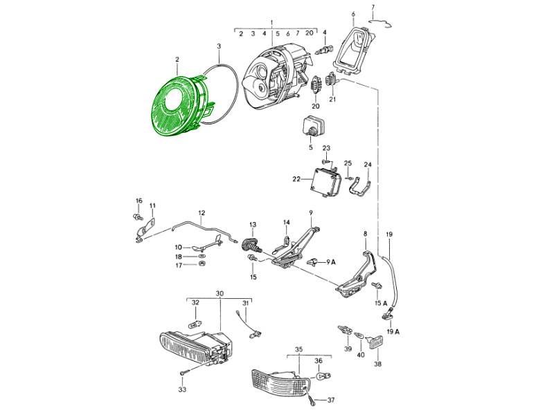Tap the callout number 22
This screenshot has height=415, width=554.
pyautogui.click(x=296, y=180)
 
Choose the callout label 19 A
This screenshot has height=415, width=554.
pyautogui.click(x=393, y=331)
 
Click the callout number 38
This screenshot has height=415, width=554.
pyautogui.click(x=378, y=364)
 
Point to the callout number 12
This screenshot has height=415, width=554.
pyautogui.click(x=202, y=213)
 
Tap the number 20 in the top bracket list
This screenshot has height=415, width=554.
pyautogui.click(x=309, y=33)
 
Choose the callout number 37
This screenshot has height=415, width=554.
pyautogui.click(x=331, y=400)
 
